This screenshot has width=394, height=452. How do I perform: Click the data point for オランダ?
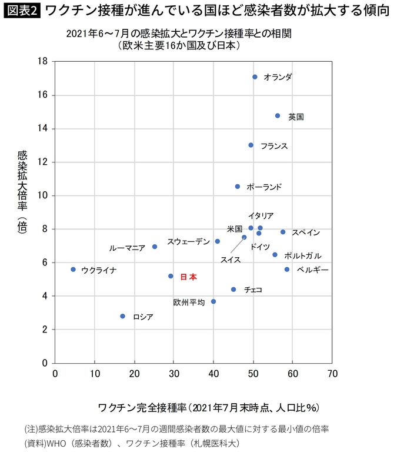pyautogui.click(x=255, y=77)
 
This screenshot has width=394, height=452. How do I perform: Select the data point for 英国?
pyautogui.click(x=278, y=116)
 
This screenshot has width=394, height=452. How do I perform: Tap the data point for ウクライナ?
pyautogui.click(x=73, y=270)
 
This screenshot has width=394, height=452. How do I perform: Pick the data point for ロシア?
pyautogui.click(x=122, y=316)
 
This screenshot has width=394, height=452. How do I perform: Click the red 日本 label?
pyautogui.click(x=188, y=277)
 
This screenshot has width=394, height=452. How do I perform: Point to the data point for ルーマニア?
pyautogui.click(x=155, y=247)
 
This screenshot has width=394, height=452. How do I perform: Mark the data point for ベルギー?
pyautogui.click(x=287, y=270)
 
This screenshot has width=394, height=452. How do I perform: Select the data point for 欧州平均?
pyautogui.click(x=213, y=301)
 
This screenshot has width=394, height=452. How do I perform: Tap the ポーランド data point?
pyautogui.click(x=238, y=187)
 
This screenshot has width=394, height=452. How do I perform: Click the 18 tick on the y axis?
pyautogui.click(x=42, y=61)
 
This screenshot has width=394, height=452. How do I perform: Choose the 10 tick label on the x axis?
pyautogui.click(x=95, y=373)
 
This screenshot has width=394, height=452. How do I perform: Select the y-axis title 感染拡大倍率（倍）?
pyautogui.click(x=23, y=191)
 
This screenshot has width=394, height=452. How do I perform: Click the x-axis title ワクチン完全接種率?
pyautogui.click(x=208, y=407)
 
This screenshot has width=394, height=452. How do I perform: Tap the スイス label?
pyautogui.click(x=230, y=259)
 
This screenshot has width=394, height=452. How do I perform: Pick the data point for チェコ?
pyautogui.click(x=233, y=290)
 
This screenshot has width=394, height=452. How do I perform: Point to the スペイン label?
pyautogui.click(x=306, y=232)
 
